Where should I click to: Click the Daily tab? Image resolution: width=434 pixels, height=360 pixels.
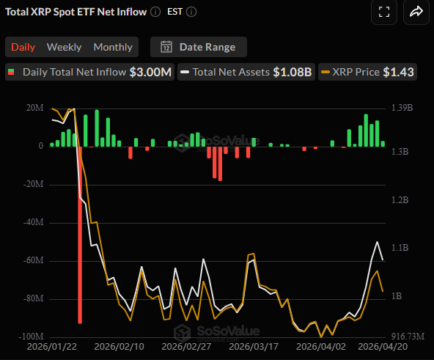(23, 47)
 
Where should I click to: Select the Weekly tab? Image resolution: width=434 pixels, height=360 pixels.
(64, 47)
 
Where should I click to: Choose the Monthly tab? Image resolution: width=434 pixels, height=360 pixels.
(113, 47)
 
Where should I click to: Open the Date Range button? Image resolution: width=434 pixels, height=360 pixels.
(199, 47)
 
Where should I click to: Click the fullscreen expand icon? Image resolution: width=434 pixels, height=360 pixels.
(383, 12)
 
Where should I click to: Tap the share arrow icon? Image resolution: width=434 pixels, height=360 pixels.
(416, 12)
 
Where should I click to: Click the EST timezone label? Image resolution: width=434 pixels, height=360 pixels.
(174, 12)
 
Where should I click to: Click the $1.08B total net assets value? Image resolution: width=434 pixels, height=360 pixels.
(293, 72)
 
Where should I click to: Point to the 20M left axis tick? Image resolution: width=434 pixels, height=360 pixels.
(34, 109)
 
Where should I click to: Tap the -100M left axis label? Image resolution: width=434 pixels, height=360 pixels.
(31, 337)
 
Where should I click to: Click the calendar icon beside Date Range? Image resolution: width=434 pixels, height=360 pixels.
(166, 47)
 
